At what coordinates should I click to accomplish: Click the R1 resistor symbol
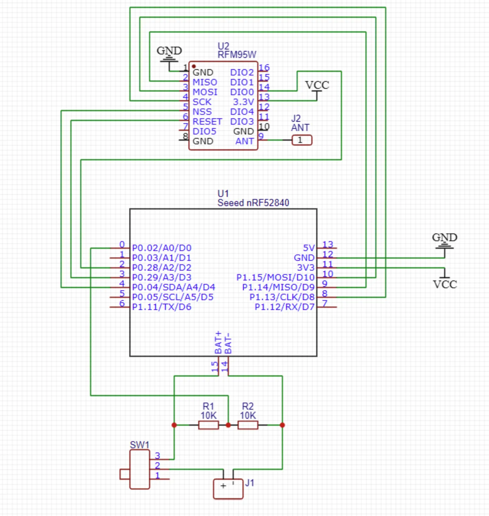pyautogui.click(x=208, y=425)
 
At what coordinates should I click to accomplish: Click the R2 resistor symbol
pyautogui.click(x=248, y=425)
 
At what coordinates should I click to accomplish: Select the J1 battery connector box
pyautogui.click(x=228, y=489)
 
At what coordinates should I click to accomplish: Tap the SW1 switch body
pyautogui.click(x=139, y=469)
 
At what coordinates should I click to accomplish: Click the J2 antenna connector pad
pyautogui.click(x=302, y=140)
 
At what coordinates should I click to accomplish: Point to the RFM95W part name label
pyautogui.click(x=237, y=55)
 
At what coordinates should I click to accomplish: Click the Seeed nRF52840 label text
pyautogui.click(x=253, y=203)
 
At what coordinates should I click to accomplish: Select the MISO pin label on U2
pyautogui.click(x=205, y=82)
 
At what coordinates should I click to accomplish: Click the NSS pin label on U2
pyautogui.click(x=202, y=112)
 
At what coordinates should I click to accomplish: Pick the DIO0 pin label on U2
pyautogui.click(x=242, y=92)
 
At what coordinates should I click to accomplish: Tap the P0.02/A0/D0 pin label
pyautogui.click(x=162, y=248)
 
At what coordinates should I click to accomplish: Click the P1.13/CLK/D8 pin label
pyautogui.click(x=282, y=297)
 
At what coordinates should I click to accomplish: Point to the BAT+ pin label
pyautogui.click(x=218, y=342)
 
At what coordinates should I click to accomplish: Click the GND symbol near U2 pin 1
pyautogui.click(x=169, y=54)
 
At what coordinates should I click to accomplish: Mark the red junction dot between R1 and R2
pyautogui.click(x=228, y=425)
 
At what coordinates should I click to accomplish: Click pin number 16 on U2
pyautogui.click(x=264, y=67)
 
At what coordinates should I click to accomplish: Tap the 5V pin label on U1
pyautogui.click(x=309, y=248)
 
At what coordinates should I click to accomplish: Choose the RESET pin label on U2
pyautogui.click(x=207, y=121)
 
